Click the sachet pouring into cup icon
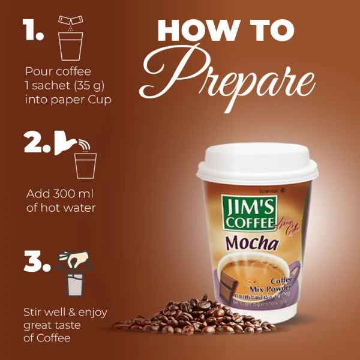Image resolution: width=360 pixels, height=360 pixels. pos(70,37)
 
